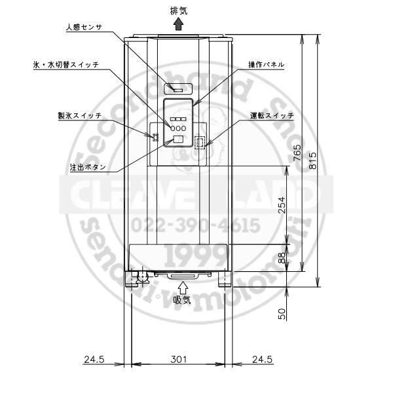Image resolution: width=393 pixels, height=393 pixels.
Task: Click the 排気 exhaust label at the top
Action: tap(179, 11)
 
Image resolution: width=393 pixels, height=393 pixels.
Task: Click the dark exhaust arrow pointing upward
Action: tap(178, 25)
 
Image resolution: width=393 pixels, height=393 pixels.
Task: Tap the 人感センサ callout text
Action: tap(84, 27)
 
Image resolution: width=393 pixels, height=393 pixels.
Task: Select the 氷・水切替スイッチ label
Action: tap(66, 65)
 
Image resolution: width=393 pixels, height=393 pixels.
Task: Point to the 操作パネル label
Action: tap(266, 65)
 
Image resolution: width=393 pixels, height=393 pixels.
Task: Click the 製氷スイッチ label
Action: tap(80, 115)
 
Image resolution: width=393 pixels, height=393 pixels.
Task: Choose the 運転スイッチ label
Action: tap(272, 115)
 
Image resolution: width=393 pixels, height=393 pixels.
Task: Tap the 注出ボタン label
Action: tap(88, 167)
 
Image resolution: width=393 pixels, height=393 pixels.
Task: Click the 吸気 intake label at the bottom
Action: tap(182, 300)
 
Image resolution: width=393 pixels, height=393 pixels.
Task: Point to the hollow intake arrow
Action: tap(183, 288)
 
